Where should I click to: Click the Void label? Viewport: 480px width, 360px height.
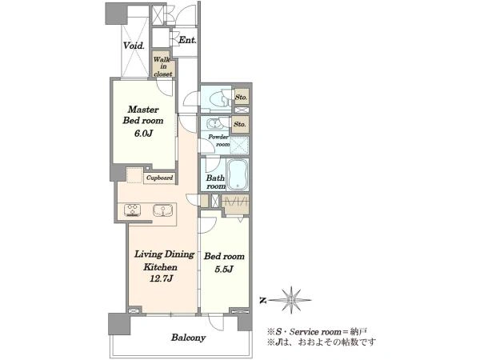pyautogui.click(x=134, y=46)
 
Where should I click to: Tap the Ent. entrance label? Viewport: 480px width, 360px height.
pyautogui.click(x=187, y=40)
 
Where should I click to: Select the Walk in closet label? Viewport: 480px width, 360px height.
pyautogui.click(x=163, y=66)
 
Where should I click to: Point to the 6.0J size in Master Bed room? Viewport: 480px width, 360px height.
pyautogui.click(x=143, y=133)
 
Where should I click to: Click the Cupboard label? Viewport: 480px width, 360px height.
pyautogui.click(x=159, y=178)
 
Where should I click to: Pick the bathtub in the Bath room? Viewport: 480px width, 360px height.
pyautogui.click(x=238, y=174)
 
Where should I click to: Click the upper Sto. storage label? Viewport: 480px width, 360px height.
pyautogui.click(x=242, y=97)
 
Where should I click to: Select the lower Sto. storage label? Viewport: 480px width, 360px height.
pyautogui.click(x=240, y=124)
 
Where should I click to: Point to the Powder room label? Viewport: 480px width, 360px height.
pyautogui.click(x=219, y=140)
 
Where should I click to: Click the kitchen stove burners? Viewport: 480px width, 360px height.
pyautogui.click(x=133, y=210)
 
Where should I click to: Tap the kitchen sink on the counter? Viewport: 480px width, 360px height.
pyautogui.click(x=163, y=210)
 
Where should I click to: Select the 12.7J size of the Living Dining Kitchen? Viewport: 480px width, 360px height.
pyautogui.click(x=162, y=279)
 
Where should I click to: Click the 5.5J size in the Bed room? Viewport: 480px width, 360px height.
pyautogui.click(x=224, y=269)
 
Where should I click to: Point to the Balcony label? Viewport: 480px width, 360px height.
pyautogui.click(x=188, y=338)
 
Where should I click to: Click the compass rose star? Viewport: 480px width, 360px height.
pyautogui.click(x=290, y=300)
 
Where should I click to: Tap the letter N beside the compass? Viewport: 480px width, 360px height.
pyautogui.click(x=262, y=301)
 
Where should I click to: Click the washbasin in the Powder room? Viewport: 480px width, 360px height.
pyautogui.click(x=214, y=124)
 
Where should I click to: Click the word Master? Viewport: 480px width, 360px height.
pyautogui.click(x=143, y=110)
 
